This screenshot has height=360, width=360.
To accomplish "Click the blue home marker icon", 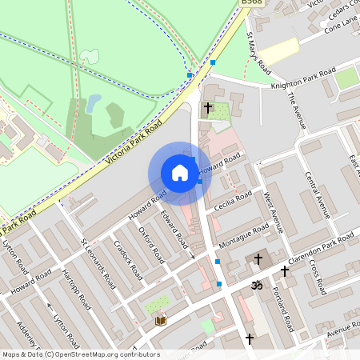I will pyautogui.click(x=180, y=173).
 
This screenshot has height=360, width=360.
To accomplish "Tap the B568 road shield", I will pyautogui.click(x=252, y=3).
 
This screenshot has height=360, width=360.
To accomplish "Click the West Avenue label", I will pyautogui.click(x=274, y=213).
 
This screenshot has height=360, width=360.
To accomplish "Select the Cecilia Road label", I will pyautogui.click(x=234, y=202).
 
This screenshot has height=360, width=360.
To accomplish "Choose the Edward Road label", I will pyautogui.click(x=174, y=229).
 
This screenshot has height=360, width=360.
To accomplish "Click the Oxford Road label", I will pyautogui.click(x=151, y=245).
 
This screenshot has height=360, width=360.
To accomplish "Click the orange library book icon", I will pyautogui.click(x=160, y=321).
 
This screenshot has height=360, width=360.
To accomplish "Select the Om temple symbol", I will pyautogui.click(x=258, y=285).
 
